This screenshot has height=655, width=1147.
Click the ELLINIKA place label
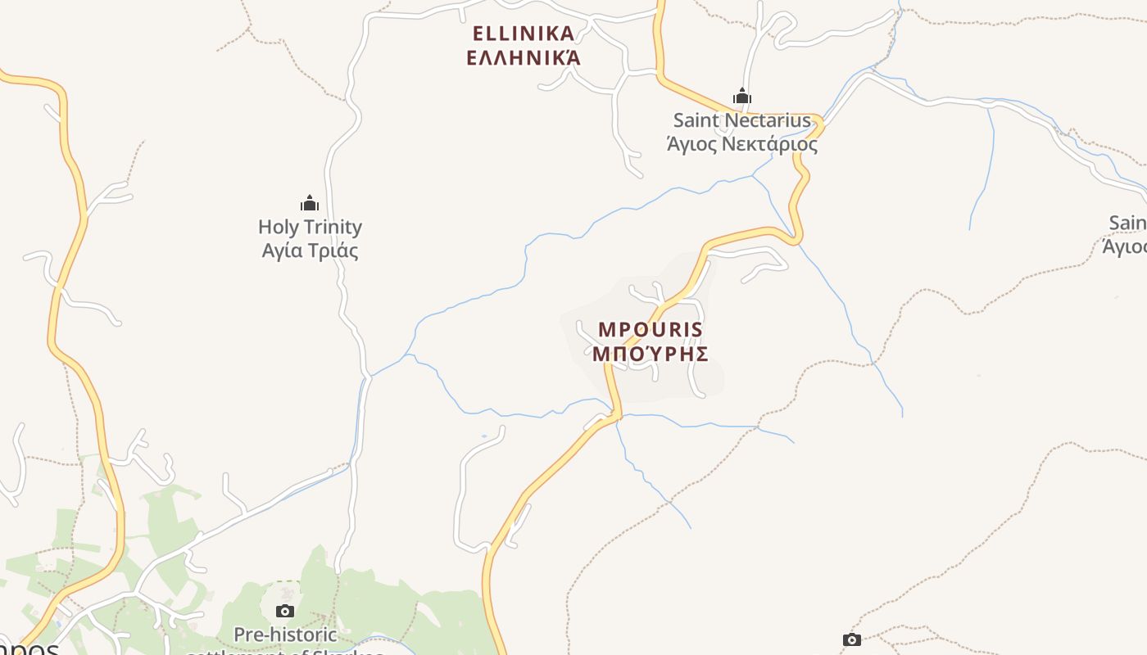pyautogui.click(x=524, y=34)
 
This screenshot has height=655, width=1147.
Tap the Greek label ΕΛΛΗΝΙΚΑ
pyautogui.click(x=524, y=57)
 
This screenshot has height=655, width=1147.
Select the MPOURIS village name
pyautogui.click(x=651, y=330)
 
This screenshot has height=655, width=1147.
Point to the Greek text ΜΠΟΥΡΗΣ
pyautogui.click(x=651, y=354)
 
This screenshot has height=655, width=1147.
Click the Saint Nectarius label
pyautogui.click(x=741, y=120)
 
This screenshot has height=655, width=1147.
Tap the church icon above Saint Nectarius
pyautogui.click(x=742, y=97)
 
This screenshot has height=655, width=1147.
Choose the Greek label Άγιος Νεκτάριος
pyautogui.click(x=741, y=145)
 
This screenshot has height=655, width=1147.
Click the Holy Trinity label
pyautogui.click(x=310, y=227)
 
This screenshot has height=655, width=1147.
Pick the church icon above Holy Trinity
pyautogui.click(x=310, y=203)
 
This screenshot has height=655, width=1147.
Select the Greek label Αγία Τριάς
pyautogui.click(x=310, y=251)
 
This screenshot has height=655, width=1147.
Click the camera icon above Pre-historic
pyautogui.click(x=285, y=611)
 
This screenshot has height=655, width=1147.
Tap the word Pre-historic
pyautogui.click(x=285, y=635)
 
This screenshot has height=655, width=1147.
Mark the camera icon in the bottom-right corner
pyautogui.click(x=852, y=639)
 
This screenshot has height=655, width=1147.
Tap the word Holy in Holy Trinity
pyautogui.click(x=277, y=227)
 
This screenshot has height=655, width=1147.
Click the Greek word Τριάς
pyautogui.click(x=337, y=251)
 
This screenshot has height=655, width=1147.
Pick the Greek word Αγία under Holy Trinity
pyautogui.click(x=283, y=251)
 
